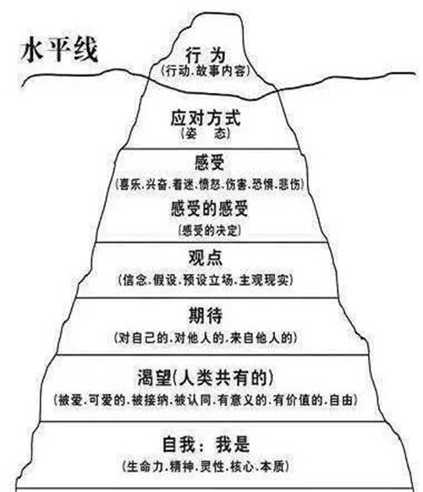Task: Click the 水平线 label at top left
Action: click(x=59, y=50)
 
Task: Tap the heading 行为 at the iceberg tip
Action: click(x=206, y=55)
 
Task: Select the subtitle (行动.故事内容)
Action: click(x=206, y=71)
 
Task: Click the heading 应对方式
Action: click(x=206, y=118)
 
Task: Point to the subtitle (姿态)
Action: click(x=206, y=134)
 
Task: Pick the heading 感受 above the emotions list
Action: click(x=210, y=162)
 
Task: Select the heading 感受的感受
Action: click(x=210, y=209)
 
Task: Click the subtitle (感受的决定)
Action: click(x=210, y=231)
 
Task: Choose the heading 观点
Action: click(x=206, y=258)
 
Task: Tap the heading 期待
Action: click(x=206, y=315)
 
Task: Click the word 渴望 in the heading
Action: click(x=155, y=378)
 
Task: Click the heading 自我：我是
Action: click(x=206, y=445)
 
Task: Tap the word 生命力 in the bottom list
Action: click(x=145, y=467)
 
